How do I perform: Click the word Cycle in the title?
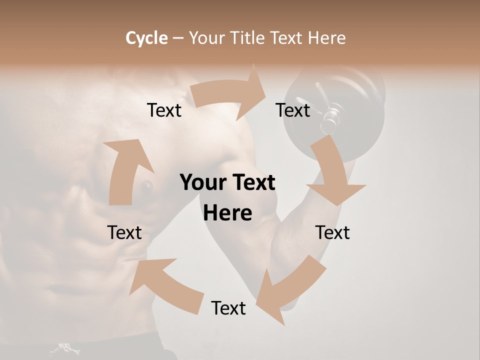[146, 38]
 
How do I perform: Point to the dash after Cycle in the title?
[178, 38]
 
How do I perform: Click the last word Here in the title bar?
[326, 38]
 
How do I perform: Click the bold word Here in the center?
[227, 213]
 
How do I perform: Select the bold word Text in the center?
[252, 182]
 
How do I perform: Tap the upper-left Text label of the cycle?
[164, 110]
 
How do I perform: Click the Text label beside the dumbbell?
[293, 110]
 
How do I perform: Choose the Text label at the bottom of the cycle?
[228, 308]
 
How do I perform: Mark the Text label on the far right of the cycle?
[332, 232]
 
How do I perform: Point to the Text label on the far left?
[124, 232]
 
